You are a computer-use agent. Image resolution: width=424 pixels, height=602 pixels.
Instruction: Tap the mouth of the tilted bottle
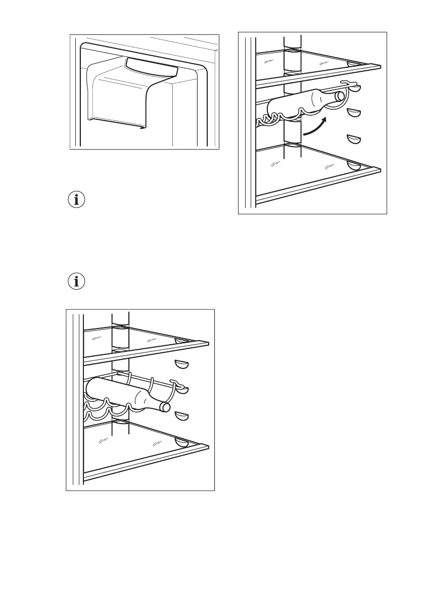pos(340,96)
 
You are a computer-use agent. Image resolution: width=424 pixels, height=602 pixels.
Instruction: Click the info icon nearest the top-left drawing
pos(77,200)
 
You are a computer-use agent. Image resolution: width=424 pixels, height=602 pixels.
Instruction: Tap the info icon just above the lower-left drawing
pos(77,282)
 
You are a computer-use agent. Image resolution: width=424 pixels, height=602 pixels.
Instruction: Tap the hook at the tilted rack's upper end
pos(345,83)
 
